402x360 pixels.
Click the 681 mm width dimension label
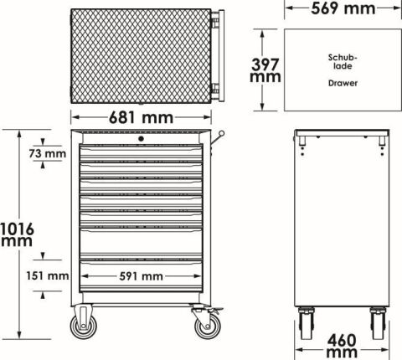[x=141, y=117]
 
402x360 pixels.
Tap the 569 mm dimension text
[x=343, y=8]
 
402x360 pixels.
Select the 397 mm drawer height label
[x=265, y=70]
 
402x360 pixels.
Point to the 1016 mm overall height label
[x=17, y=234]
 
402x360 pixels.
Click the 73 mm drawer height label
[x=48, y=153]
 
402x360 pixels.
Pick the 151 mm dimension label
[x=48, y=276]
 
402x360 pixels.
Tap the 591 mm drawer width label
[x=141, y=276]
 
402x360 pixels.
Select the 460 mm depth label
[x=342, y=347]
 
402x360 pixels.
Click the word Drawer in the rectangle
[x=343, y=83]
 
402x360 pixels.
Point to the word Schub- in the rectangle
[x=343, y=58]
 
